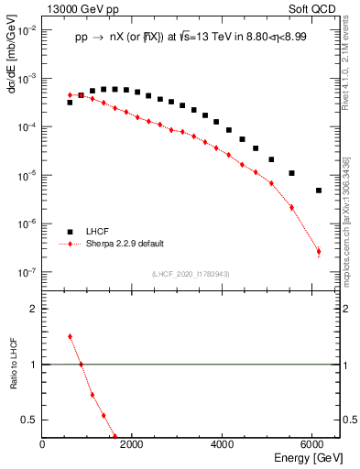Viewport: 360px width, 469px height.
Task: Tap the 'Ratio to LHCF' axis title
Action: [14, 377]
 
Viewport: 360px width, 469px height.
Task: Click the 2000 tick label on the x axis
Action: [133, 444]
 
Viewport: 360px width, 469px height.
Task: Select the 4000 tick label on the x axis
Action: [224, 444]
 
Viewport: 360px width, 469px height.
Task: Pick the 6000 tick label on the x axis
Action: [313, 444]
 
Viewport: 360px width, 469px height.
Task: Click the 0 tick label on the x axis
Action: [43, 444]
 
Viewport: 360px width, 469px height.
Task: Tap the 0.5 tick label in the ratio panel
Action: [29, 420]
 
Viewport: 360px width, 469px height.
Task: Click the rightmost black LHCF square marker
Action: [318, 191]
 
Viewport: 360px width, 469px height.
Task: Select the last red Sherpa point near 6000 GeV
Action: [318, 252]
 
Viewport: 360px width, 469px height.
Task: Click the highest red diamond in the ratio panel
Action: [70, 336]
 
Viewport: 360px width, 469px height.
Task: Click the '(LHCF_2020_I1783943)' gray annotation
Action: [190, 273]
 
